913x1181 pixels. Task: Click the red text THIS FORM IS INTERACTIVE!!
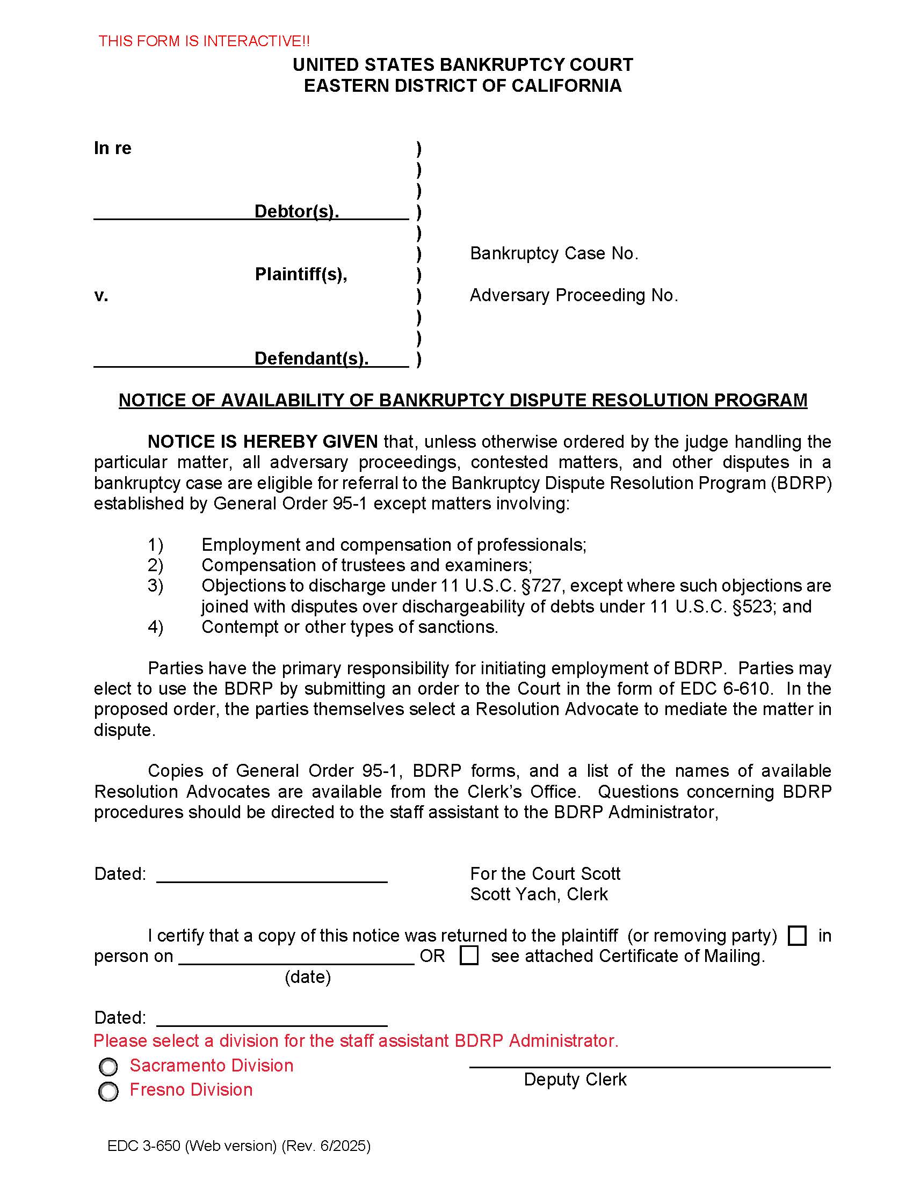coord(204,41)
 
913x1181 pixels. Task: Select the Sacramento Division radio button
coord(108,1067)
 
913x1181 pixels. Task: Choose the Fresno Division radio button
coord(108,1091)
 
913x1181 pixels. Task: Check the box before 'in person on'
coord(797,936)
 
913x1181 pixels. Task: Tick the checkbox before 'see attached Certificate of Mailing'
coord(469,956)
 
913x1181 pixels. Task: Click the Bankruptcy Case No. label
coord(554,253)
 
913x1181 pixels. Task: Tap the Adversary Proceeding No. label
coord(574,295)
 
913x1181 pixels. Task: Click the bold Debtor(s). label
coord(296,211)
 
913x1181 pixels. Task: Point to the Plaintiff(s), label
coord(301,274)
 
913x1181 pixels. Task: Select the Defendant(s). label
coord(311,358)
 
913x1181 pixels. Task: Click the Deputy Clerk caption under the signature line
coord(575,1080)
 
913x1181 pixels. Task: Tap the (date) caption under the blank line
coord(308,976)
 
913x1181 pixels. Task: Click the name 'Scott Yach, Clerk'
coord(539,894)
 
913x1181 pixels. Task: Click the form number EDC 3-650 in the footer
coord(143,1146)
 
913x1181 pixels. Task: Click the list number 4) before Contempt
coord(155,626)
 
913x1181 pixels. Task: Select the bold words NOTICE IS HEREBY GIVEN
coord(262,442)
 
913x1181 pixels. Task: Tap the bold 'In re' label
coord(112,148)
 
